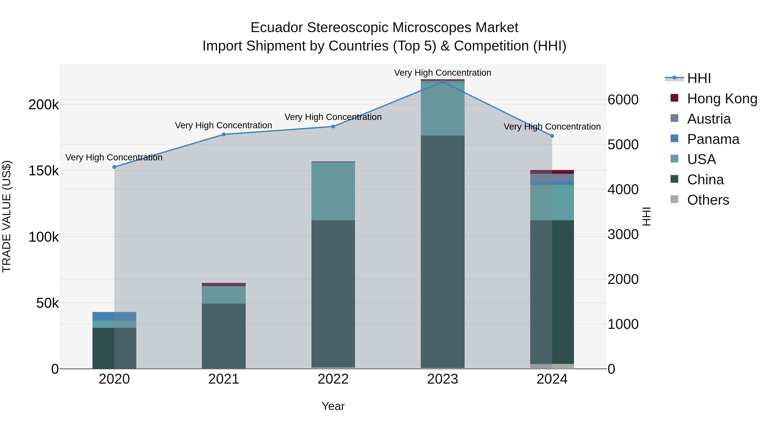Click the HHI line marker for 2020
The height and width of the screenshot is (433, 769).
click(x=114, y=167)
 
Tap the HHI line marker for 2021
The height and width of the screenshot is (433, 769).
click(x=224, y=134)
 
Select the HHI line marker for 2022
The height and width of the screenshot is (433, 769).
click(x=333, y=126)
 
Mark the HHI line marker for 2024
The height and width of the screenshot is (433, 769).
click(x=552, y=136)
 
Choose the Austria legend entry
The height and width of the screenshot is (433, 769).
click(x=709, y=119)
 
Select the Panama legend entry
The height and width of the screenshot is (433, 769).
click(x=713, y=139)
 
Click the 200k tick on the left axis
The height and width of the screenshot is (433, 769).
click(x=44, y=105)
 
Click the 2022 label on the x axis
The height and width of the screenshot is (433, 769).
click(x=333, y=379)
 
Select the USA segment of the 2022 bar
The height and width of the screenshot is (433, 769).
click(x=333, y=191)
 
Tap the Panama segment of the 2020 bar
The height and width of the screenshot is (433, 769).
click(x=114, y=316)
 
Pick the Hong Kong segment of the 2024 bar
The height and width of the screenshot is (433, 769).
click(x=552, y=172)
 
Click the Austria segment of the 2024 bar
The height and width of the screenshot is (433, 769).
click(x=552, y=177)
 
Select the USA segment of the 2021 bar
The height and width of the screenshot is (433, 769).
click(x=224, y=295)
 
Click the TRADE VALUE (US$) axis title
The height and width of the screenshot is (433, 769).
click(x=7, y=216)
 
